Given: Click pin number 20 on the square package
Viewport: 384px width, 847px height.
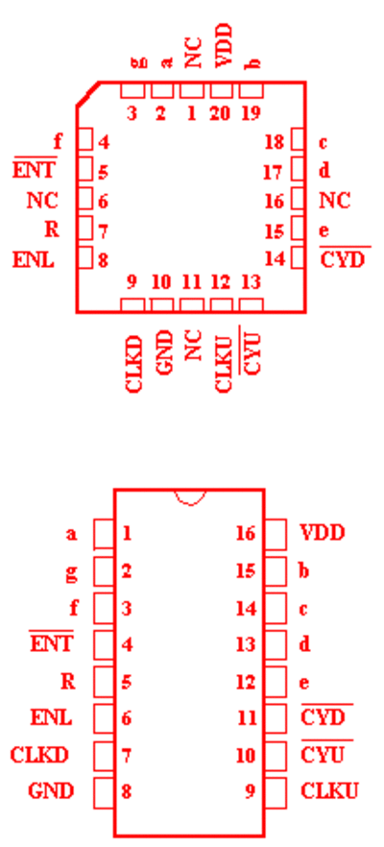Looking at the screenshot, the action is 221,113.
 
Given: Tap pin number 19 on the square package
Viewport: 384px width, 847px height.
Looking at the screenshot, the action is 251,113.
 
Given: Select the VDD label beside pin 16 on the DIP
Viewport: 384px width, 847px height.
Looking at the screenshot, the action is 322,533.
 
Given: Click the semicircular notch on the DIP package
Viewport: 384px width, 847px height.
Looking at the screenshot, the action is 190,497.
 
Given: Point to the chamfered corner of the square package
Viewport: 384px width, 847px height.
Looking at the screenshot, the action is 87,94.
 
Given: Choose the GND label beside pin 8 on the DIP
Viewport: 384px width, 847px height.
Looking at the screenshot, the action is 51,791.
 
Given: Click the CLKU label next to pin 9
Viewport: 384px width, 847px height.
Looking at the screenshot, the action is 329,791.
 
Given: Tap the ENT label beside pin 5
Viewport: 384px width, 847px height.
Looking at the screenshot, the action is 34,170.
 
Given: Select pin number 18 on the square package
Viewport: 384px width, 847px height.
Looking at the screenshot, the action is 275,142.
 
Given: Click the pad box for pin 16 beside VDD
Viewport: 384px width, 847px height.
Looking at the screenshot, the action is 275,534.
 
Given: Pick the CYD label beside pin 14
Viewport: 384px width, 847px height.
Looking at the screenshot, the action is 343,260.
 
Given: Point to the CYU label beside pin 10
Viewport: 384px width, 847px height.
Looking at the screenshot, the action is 323,755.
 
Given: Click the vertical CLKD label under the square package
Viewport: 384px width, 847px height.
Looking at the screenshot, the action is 133,364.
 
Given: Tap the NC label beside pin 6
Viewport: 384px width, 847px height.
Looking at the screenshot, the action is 42,201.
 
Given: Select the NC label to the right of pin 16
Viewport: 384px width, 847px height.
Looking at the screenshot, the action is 335,201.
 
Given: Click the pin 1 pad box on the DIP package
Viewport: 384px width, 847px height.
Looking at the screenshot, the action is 104,534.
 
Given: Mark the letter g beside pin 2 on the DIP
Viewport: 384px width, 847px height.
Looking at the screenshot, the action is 71,572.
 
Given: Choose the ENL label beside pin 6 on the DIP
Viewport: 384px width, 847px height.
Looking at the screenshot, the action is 51,717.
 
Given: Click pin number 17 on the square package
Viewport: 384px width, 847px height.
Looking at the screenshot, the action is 273,172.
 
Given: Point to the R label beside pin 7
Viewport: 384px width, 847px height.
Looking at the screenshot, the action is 51,230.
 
